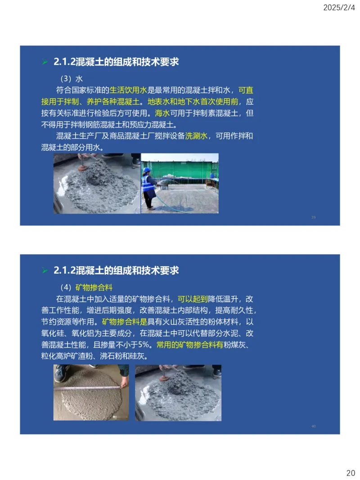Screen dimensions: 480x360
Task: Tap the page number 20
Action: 351,472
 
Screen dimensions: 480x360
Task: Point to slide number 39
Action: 313,218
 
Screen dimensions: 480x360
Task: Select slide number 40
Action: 313,426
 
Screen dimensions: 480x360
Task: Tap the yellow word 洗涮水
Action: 196,136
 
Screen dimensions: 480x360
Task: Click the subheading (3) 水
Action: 71,78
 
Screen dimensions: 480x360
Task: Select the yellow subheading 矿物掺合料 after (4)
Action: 94,287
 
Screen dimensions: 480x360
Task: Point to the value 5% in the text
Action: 146,345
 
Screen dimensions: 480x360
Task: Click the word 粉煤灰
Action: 234,345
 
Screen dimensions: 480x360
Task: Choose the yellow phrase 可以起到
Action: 193,299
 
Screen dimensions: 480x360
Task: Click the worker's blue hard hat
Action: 146,170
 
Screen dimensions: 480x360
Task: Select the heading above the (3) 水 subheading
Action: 116,62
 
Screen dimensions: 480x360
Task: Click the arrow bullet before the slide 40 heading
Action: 45,270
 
